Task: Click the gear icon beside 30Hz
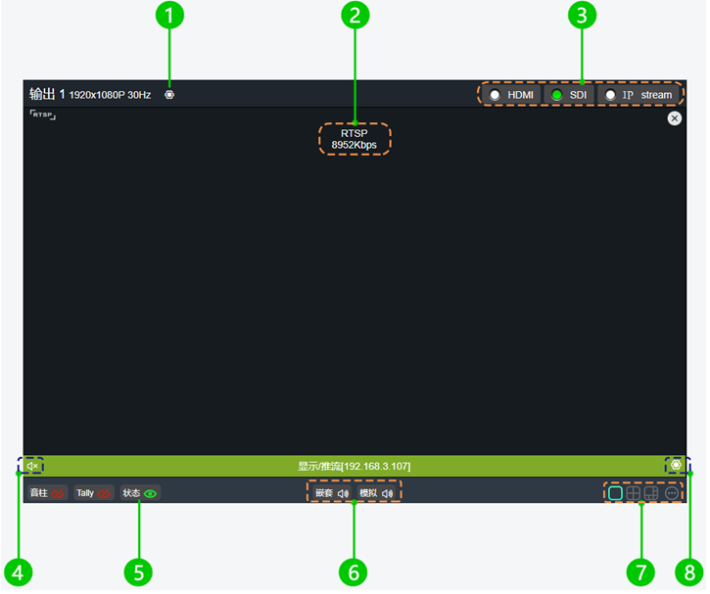[x=169, y=95]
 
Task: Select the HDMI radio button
[x=495, y=95]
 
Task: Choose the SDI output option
[x=557, y=95]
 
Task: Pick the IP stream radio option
[x=610, y=95]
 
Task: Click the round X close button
[x=675, y=118]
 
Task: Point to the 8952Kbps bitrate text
[x=354, y=145]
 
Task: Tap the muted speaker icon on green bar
[x=32, y=466]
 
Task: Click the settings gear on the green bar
[x=676, y=465]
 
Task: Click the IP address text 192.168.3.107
[x=376, y=466]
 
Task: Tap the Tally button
[x=94, y=493]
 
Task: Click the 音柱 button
[x=47, y=493]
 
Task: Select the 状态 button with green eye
[x=140, y=493]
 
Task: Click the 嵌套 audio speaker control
[x=332, y=493]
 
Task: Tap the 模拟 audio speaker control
[x=377, y=493]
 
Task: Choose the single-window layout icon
[x=615, y=493]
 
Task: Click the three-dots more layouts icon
[x=671, y=493]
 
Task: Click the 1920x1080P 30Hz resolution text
[x=110, y=96]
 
